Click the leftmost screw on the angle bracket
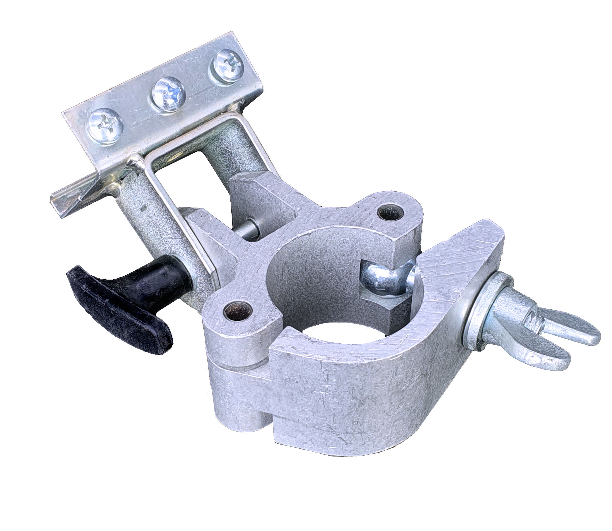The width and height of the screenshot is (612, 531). point(105,126)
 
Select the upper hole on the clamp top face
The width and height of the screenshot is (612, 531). point(390,212)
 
